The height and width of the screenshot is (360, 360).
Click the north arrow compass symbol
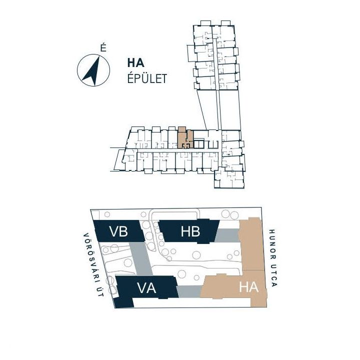tap(93, 70)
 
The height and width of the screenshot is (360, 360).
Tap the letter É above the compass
tap(103, 48)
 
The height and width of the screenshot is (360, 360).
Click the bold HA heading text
tap(136, 63)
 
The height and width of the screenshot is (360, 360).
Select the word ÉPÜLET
tap(147, 78)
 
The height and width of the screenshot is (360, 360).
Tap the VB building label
tap(118, 231)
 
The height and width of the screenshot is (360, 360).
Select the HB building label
tap(190, 231)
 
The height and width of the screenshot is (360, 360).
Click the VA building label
tap(146, 288)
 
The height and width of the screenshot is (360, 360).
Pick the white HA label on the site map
tap(249, 287)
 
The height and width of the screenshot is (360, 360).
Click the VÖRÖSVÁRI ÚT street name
tap(93, 265)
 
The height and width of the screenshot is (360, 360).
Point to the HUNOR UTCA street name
tap(273, 258)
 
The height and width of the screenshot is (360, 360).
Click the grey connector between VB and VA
tap(140, 259)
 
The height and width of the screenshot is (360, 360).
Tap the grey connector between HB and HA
tap(227, 235)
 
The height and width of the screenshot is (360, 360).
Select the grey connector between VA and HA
tap(189, 291)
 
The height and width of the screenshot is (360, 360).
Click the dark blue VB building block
tap(119, 230)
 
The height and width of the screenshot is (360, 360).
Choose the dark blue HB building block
tap(189, 231)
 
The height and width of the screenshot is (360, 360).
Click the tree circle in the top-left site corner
tap(107, 214)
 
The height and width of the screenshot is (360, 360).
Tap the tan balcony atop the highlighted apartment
tap(182, 129)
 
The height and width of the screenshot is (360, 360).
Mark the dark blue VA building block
tap(145, 290)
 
